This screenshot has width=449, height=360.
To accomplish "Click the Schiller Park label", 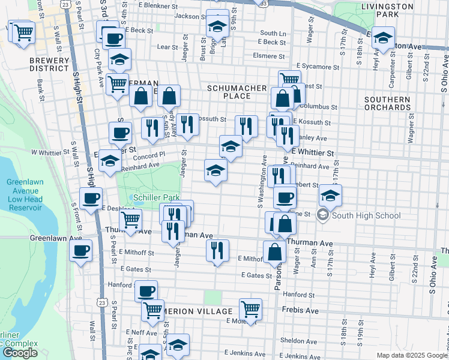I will [156, 197].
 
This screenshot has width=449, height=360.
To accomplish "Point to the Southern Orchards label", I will [387, 103].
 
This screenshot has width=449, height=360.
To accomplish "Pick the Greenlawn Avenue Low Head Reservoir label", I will [25, 194].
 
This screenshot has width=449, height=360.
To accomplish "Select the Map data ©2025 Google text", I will [412, 355].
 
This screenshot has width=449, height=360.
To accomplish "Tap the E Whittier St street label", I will [312, 153].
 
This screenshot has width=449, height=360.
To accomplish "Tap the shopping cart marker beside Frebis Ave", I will [250, 309].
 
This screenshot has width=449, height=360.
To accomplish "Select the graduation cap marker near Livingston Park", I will [382, 38].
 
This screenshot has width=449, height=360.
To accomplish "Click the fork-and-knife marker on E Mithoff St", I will [217, 250].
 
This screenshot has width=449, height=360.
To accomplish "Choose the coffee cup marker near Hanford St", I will [146, 291].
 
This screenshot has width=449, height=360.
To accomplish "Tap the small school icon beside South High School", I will [323, 215].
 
